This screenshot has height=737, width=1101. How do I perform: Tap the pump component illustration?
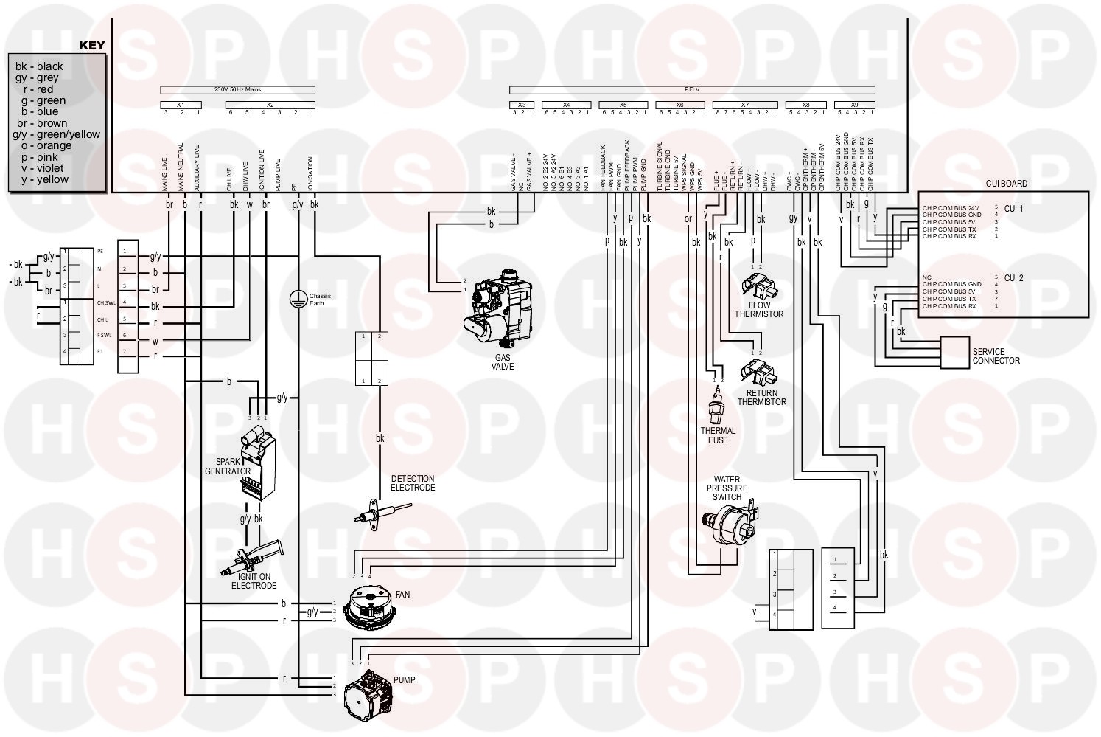pyautogui.click(x=368, y=692)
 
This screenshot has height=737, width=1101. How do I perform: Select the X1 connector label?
pyautogui.click(x=181, y=105)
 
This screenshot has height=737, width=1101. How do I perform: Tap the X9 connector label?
pyautogui.click(x=855, y=105)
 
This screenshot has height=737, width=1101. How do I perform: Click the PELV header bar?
pyautogui.click(x=691, y=90)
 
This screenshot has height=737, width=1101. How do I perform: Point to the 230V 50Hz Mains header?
pyautogui.click(x=237, y=90)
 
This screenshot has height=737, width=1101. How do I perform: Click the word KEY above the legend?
pyautogui.click(x=92, y=45)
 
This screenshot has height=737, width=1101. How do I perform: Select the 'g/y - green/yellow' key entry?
pyautogui.click(x=57, y=134)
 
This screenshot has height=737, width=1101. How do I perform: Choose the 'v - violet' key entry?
pyautogui.click(x=44, y=168)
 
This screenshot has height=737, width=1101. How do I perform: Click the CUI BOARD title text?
pyautogui.click(x=1006, y=184)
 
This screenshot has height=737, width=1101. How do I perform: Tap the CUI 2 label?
pyautogui.click(x=1014, y=278)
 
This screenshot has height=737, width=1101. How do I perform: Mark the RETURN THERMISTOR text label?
pyautogui.click(x=762, y=398)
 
